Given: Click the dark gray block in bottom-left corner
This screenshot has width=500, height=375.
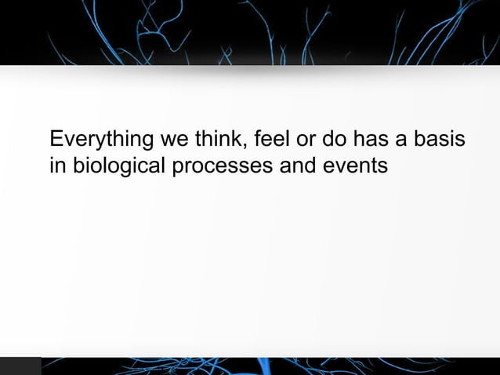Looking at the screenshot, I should click(x=20, y=366).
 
